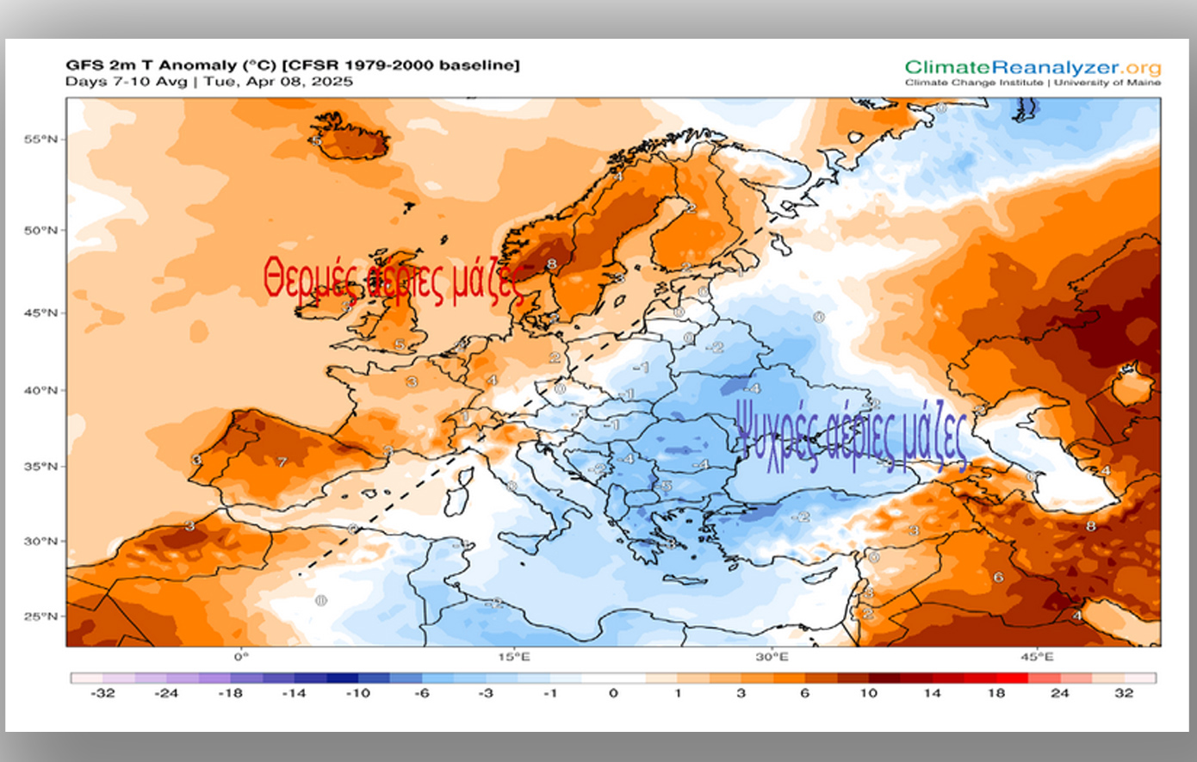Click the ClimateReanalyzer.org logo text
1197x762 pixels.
(1033, 67)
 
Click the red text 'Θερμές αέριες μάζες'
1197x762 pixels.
(394, 280)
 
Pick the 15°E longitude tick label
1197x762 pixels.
(514, 657)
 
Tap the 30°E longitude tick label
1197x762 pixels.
(772, 657)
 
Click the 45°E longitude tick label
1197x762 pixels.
(1037, 657)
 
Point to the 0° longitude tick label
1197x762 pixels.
(240, 657)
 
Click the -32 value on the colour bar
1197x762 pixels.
(102, 693)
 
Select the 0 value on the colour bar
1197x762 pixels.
(613, 693)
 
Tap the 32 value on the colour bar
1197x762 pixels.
(1124, 693)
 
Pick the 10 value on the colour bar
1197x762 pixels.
(868, 693)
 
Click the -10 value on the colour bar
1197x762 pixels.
(358, 693)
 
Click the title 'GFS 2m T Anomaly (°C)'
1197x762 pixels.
(171, 65)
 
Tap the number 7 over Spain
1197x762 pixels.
(282, 462)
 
